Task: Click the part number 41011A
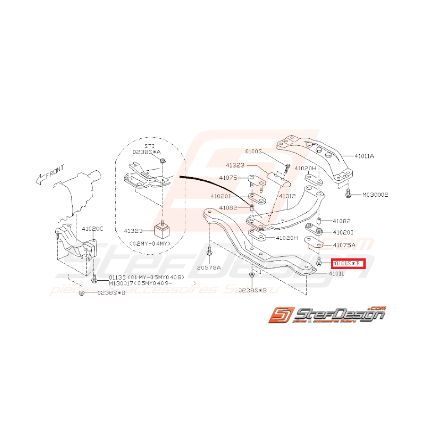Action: (x=364, y=156)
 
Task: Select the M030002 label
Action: (x=375, y=194)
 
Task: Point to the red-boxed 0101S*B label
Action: (x=347, y=263)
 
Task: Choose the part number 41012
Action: (x=288, y=196)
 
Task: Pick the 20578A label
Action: (x=209, y=268)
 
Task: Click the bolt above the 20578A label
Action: (x=210, y=252)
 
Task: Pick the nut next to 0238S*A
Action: (x=163, y=161)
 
